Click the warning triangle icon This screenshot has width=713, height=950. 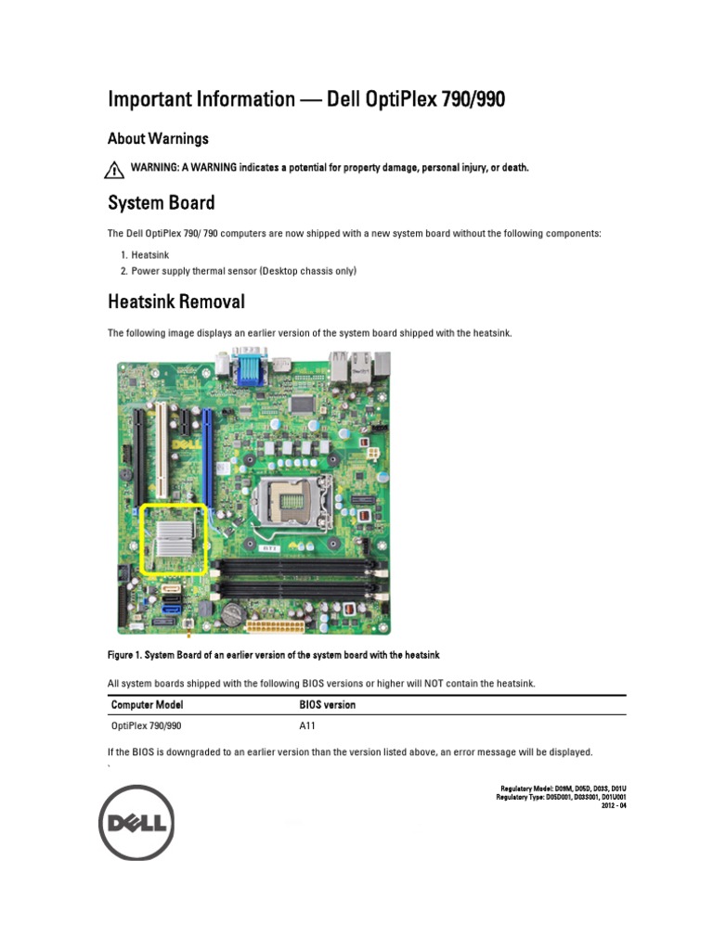(x=114, y=169)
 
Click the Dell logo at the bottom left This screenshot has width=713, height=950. (x=137, y=822)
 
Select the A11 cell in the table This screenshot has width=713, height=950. (x=308, y=726)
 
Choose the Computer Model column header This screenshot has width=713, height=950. (x=148, y=705)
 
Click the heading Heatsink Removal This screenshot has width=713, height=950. (x=176, y=302)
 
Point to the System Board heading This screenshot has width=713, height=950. (x=161, y=202)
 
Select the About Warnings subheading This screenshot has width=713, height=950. (x=158, y=138)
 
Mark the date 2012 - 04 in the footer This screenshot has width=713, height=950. (x=615, y=805)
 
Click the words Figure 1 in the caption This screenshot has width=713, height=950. (x=129, y=656)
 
